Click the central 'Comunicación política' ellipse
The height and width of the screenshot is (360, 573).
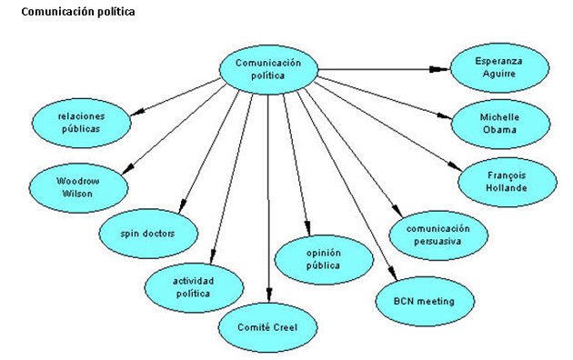tap(267, 70)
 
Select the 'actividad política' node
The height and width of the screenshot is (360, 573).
tap(194, 286)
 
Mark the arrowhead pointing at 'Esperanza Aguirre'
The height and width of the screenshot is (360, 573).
tap(445, 68)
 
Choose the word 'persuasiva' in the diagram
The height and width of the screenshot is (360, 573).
tap(437, 243)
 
